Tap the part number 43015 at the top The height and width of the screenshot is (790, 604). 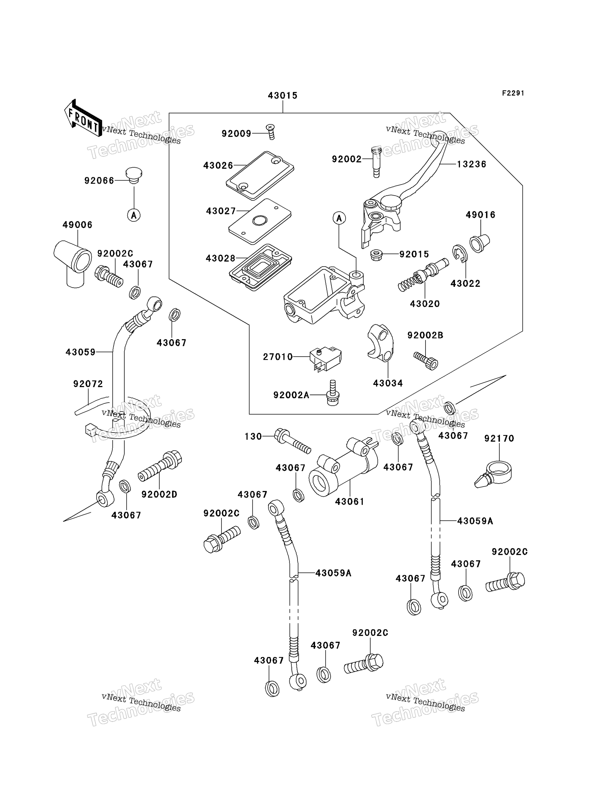(283, 96)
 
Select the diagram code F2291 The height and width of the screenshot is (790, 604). (513, 93)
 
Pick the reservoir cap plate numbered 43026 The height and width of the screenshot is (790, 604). (260, 176)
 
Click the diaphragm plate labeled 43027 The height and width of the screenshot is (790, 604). (260, 221)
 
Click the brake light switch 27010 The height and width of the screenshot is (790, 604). (325, 358)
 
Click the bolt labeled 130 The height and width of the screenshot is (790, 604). (293, 441)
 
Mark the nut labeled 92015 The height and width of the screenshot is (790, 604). (376, 255)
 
